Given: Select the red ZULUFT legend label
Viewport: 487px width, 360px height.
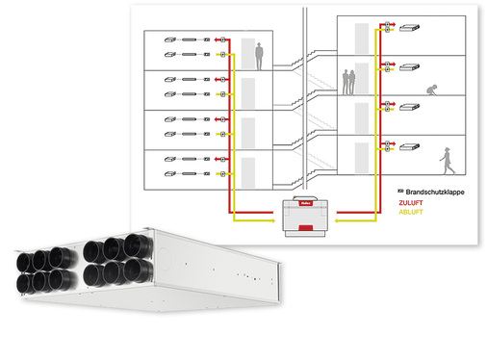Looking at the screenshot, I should click(411, 203).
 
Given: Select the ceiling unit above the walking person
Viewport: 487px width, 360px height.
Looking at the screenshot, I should click(411, 146).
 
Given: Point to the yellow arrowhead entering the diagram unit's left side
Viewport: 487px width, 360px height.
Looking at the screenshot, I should click(275, 220).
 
